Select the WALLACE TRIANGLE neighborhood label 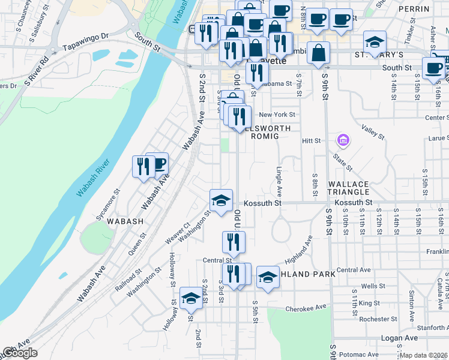click(348, 187)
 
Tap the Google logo click(20, 353)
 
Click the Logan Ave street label click(400, 338)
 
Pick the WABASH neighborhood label click(125, 221)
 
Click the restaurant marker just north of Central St click(234, 242)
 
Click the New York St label click(277, 115)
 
